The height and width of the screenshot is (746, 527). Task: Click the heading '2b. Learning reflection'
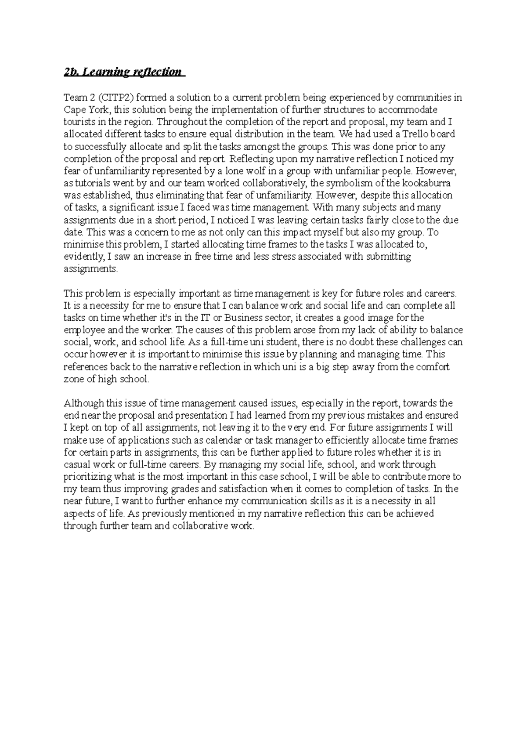123,72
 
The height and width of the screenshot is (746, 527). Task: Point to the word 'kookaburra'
429,183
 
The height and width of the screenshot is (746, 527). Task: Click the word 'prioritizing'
87,477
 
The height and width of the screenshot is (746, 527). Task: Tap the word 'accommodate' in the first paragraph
411,109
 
